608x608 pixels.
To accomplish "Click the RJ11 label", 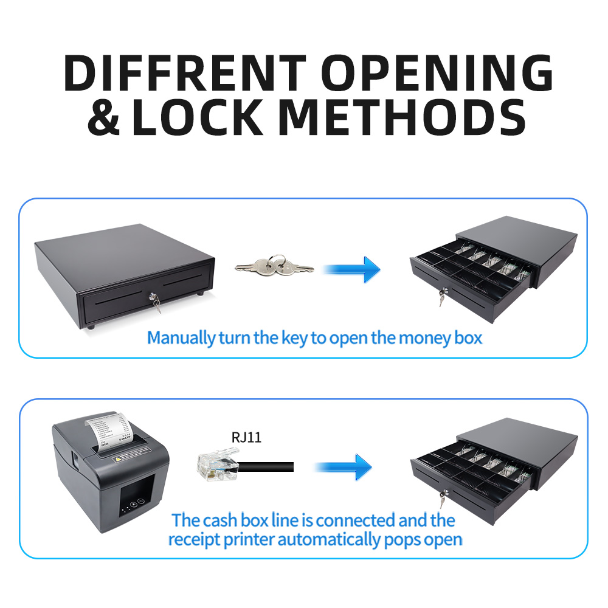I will click(x=246, y=437).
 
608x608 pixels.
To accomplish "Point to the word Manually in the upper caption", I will click(x=181, y=337).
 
